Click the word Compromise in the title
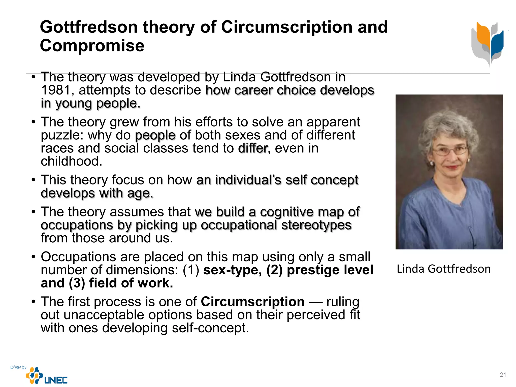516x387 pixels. tap(92, 46)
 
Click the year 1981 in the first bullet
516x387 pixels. tap(56, 90)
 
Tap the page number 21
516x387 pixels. tap(503, 375)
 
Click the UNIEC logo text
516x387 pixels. tap(56, 380)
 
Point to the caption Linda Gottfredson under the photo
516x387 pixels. tap(444, 269)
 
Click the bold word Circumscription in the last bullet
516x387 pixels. tap(252, 302)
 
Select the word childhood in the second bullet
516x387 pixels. tap(71, 161)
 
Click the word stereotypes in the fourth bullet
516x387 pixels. tap(316, 225)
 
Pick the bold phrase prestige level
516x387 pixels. tap(330, 270)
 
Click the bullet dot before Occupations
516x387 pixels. tap(34, 257)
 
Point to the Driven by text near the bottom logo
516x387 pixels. tap(18, 367)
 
